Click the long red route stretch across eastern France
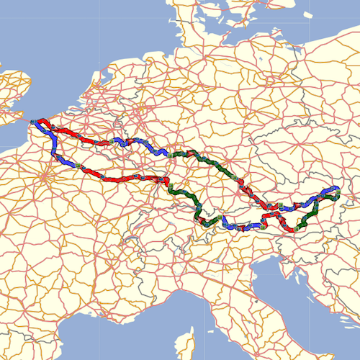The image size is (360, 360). pos(122,177)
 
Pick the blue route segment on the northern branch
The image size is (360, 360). pos(140,144)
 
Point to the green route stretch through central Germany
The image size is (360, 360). pos(202,158)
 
